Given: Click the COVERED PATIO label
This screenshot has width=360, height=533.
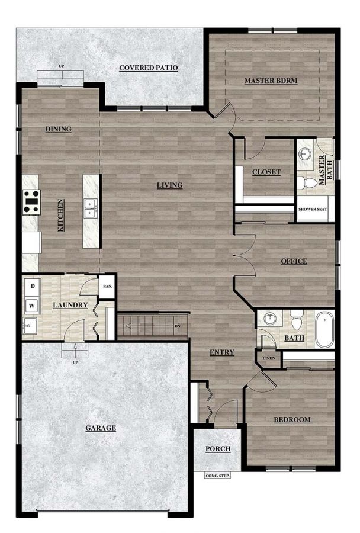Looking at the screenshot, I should pos(148,68).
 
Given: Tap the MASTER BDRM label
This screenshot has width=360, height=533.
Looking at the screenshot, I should pos(271,80).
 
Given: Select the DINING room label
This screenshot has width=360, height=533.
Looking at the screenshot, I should pos(58,129).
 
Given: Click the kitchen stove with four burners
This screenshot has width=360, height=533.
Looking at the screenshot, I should pos(31,201).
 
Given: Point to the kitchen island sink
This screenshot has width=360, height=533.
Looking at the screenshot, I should pos(91,208).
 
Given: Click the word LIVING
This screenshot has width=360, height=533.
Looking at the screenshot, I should pos(169,185).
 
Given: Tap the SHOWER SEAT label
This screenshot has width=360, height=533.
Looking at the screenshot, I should pos(314,209).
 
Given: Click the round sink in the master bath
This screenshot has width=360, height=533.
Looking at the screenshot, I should pos(306,153).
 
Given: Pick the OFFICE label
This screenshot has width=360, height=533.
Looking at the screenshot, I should pos(294,261).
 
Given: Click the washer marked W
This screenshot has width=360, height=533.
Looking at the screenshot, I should pos(33,306).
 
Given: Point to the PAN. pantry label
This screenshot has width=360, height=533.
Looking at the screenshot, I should pos(107,287).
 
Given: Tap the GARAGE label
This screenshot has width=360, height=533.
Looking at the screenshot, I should pos(100,428).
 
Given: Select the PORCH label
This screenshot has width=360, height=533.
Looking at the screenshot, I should pos(217,449).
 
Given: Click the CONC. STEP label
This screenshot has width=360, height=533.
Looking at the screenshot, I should pos(216,475).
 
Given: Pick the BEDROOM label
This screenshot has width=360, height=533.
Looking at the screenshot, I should pos(292,420).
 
